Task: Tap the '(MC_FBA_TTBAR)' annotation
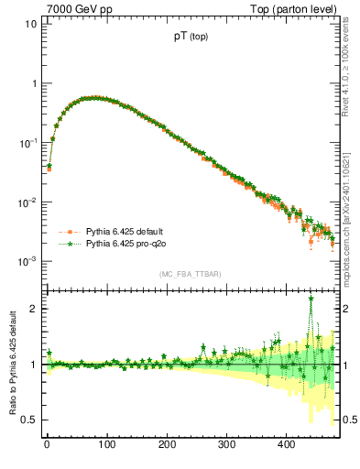click(190, 274)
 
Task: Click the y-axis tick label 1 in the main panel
click(33, 83)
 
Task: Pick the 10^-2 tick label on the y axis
click(27, 202)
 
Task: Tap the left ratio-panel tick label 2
click(33, 309)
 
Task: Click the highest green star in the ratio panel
click(311, 299)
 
